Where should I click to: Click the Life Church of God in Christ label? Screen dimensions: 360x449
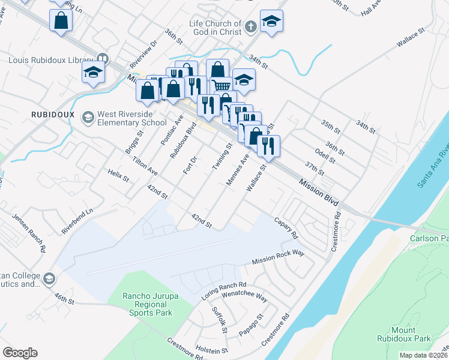pos(214,27)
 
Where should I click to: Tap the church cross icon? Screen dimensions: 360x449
pos(251,27)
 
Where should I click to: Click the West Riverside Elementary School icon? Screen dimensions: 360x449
pos(88,116)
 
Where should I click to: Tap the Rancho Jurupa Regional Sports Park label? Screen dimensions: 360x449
pos(147,304)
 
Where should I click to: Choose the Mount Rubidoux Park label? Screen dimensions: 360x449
pos(411,334)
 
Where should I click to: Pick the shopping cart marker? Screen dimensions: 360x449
pos(221,86)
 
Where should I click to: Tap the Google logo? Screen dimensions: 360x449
pos(20,352)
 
